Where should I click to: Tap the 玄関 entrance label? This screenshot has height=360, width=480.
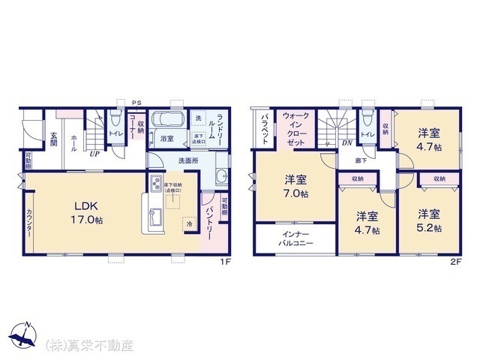coord(54,139)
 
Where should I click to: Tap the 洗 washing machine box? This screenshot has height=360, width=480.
coord(198,119)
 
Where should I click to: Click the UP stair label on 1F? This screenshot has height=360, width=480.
coord(95,154)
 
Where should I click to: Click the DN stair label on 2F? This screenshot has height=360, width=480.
coord(347,142)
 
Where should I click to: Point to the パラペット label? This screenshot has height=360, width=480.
coord(265,129)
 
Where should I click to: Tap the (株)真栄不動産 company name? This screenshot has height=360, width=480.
coord(89,346)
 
